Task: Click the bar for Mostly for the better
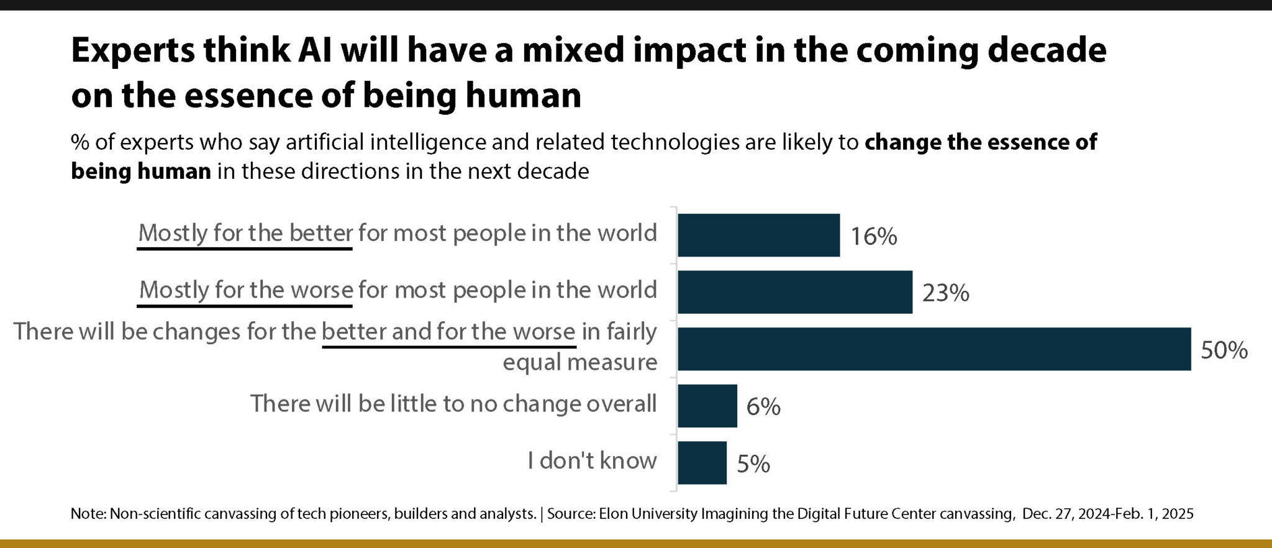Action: point(758,235)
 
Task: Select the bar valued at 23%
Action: point(794,292)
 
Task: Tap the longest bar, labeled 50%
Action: point(934,349)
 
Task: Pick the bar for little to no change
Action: point(707,406)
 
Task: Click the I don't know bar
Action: point(702,463)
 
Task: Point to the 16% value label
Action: point(873,236)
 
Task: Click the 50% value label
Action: point(1224,350)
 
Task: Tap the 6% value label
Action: point(763,406)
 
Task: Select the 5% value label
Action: point(753,464)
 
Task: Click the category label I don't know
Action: point(592,460)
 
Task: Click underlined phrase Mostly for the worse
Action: point(246,290)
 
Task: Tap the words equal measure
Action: point(579,362)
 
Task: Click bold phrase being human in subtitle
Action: point(141,171)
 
